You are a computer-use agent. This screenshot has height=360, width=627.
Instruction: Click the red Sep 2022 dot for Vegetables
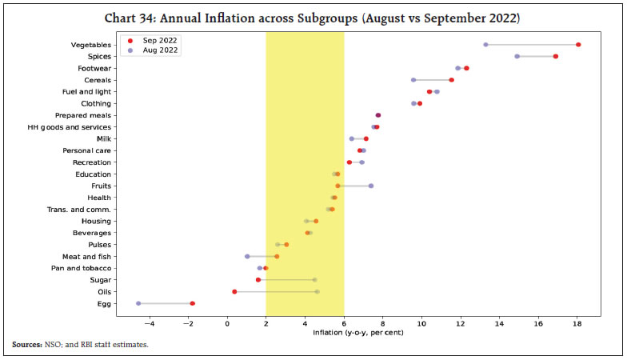(x=578, y=45)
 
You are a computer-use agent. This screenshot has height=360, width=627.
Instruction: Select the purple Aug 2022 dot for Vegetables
(x=485, y=45)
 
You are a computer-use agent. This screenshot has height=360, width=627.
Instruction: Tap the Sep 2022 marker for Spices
(x=556, y=57)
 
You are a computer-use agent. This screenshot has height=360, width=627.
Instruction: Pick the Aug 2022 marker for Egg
(x=138, y=303)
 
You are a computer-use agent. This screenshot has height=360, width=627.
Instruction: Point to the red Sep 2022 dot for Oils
(x=234, y=292)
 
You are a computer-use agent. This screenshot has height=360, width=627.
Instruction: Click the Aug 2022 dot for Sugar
(x=315, y=280)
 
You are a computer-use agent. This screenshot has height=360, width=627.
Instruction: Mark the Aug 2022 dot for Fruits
(x=371, y=186)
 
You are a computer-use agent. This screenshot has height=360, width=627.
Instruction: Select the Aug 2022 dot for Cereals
(x=413, y=80)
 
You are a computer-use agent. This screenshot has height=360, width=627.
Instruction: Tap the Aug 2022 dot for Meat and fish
(x=247, y=257)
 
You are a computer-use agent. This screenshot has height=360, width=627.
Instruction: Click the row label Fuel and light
(x=86, y=92)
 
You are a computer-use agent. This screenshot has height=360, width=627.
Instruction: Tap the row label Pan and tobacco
(x=82, y=268)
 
